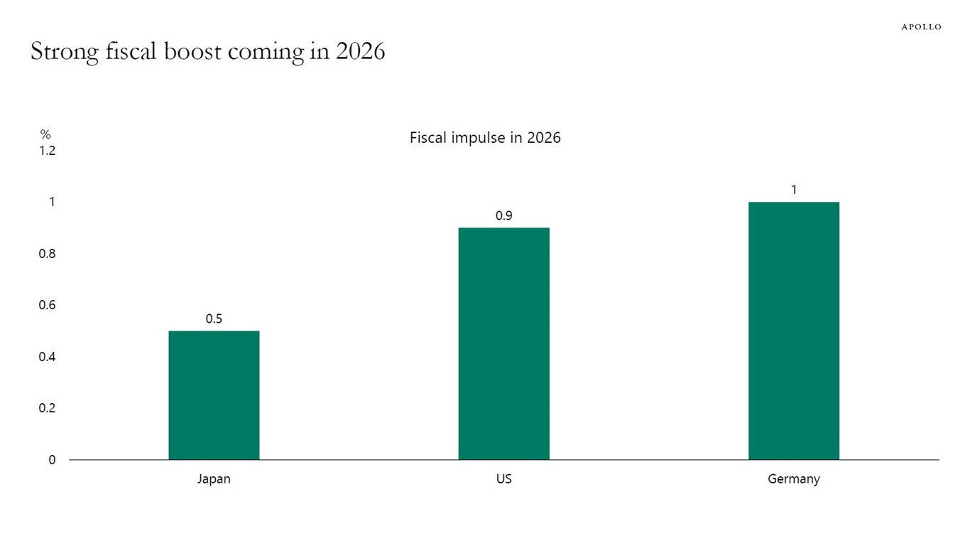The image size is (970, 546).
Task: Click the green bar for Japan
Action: [214, 395]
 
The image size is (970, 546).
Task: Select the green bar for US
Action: [503, 343]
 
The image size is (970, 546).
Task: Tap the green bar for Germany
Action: [793, 331]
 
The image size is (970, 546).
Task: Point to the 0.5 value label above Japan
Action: [214, 319]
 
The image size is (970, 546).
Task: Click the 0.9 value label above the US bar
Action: [503, 216]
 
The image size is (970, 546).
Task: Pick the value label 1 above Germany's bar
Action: [794, 190]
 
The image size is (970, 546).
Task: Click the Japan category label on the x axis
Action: [214, 479]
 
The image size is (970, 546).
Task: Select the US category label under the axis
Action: [503, 479]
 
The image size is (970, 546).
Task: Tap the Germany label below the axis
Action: [793, 479]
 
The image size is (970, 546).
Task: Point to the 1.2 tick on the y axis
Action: [47, 151]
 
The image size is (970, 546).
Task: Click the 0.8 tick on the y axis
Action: [47, 254]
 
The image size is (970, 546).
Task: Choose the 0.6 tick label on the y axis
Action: [47, 305]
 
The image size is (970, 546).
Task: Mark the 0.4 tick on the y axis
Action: [47, 357]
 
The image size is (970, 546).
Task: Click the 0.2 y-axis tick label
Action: [47, 408]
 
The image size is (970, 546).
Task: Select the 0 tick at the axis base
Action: [52, 460]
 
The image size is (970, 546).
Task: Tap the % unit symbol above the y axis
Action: [45, 134]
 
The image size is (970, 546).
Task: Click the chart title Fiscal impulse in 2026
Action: [485, 138]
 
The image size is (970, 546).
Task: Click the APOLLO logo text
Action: [921, 27]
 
